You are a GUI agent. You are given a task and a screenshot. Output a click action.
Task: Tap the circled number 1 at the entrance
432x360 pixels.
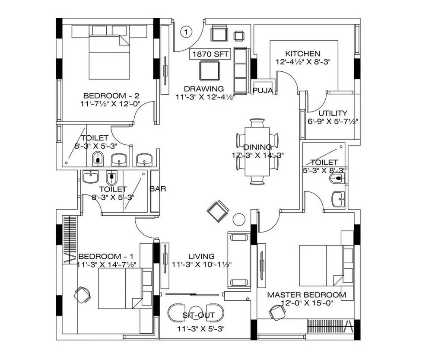click(186, 32)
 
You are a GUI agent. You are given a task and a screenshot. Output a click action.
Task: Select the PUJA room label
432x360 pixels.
click(263, 90)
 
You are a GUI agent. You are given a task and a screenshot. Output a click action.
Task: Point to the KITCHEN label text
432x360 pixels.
click(302, 54)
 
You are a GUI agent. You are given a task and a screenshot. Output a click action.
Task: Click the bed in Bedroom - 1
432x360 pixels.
click(120, 288)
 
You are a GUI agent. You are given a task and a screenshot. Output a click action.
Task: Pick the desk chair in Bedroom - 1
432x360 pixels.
click(82, 295)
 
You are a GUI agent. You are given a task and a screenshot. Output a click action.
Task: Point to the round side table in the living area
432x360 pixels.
click(239, 220)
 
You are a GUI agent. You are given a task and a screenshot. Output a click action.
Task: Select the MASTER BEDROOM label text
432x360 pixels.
click(306, 295)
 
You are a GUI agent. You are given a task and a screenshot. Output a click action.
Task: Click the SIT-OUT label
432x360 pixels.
click(199, 316)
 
